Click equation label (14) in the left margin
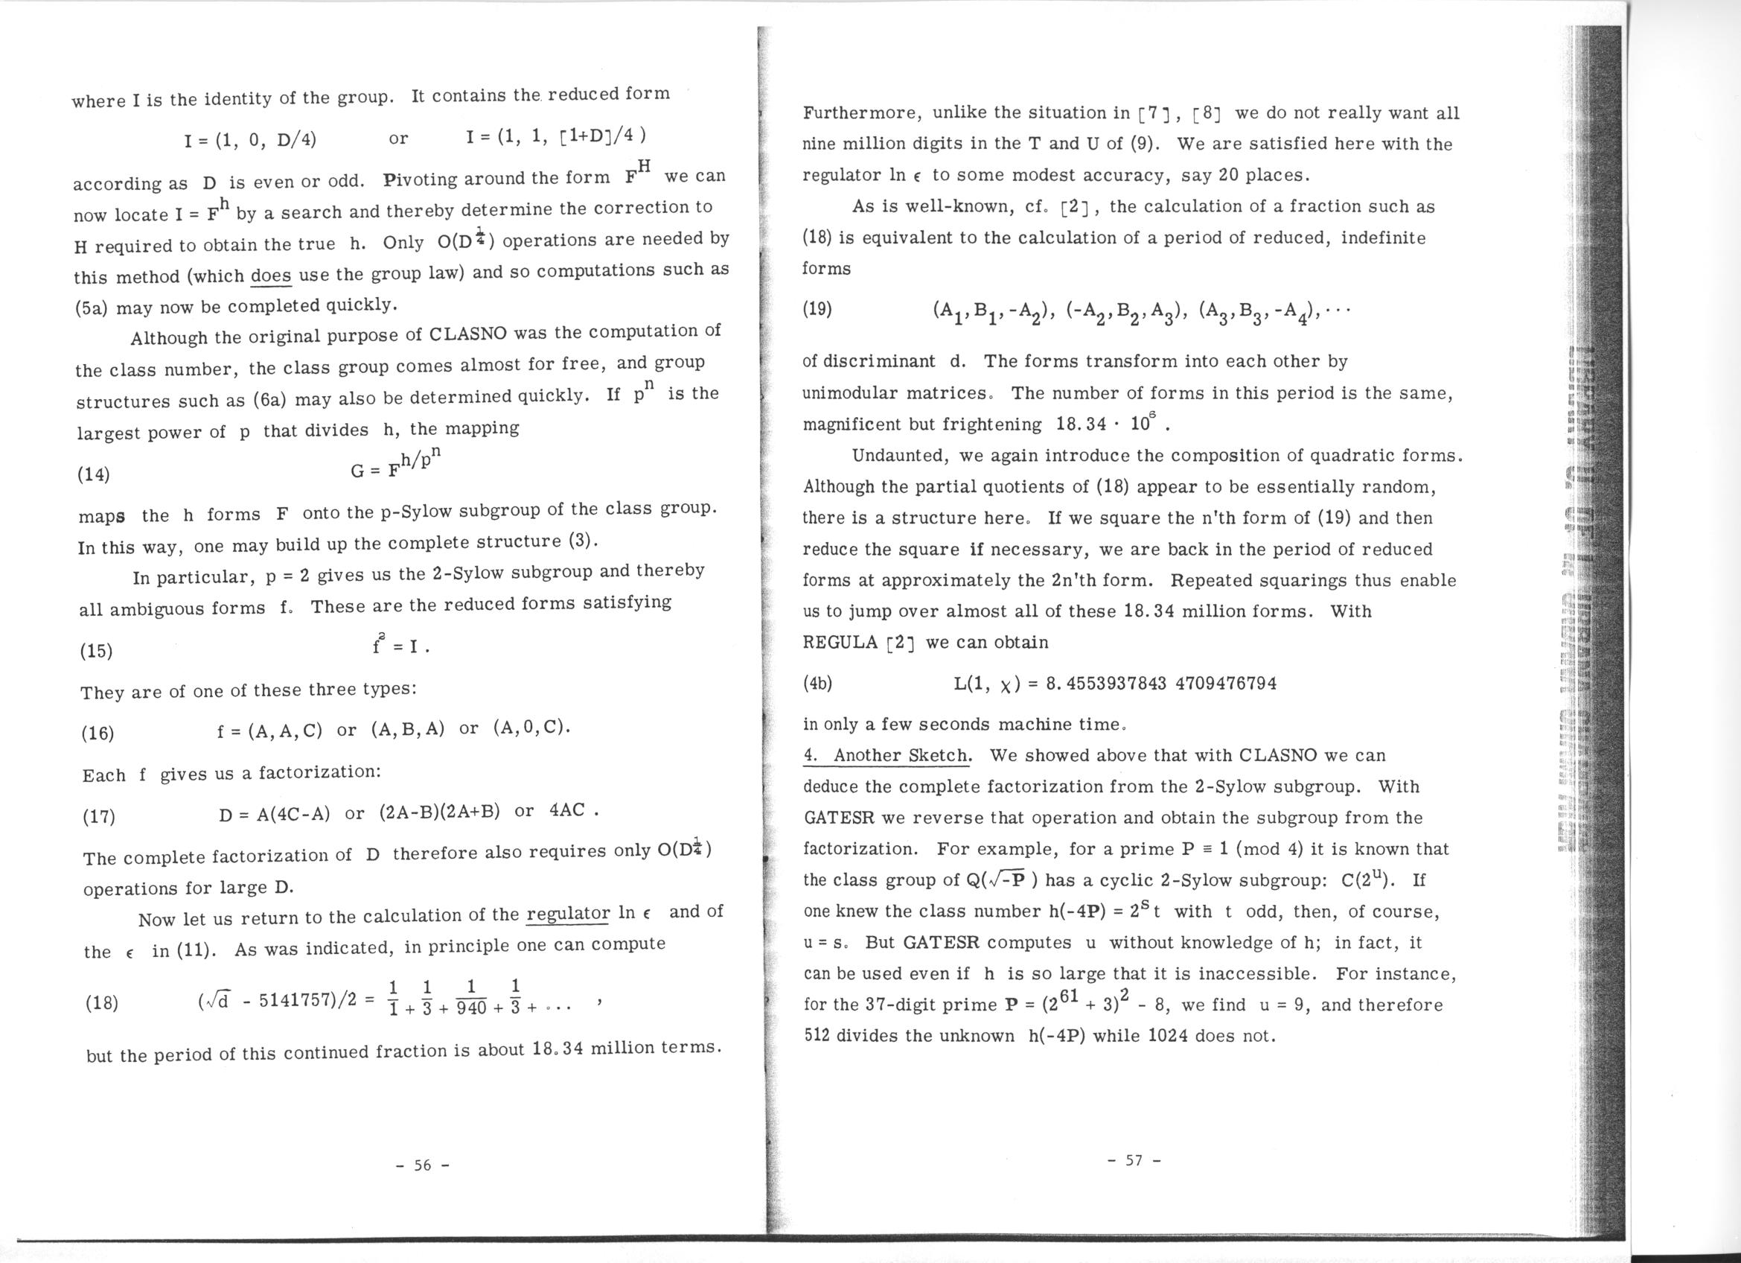click(x=94, y=474)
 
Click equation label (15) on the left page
click(x=96, y=651)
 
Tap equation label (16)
click(x=98, y=734)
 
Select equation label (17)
click(x=99, y=816)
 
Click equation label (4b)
click(x=817, y=684)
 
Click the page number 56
click(x=422, y=1165)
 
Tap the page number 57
click(x=1134, y=1160)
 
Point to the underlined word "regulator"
click(x=568, y=914)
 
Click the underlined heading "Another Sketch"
click(x=901, y=756)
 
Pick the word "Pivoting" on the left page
click(x=420, y=179)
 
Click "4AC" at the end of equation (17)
click(x=568, y=811)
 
